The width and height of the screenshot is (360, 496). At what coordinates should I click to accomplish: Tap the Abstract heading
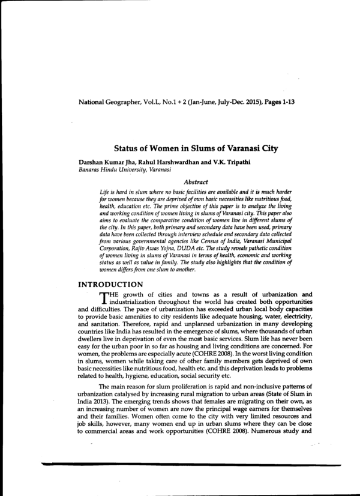tap(196, 181)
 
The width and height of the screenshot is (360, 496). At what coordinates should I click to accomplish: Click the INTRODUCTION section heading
tap(111, 285)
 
